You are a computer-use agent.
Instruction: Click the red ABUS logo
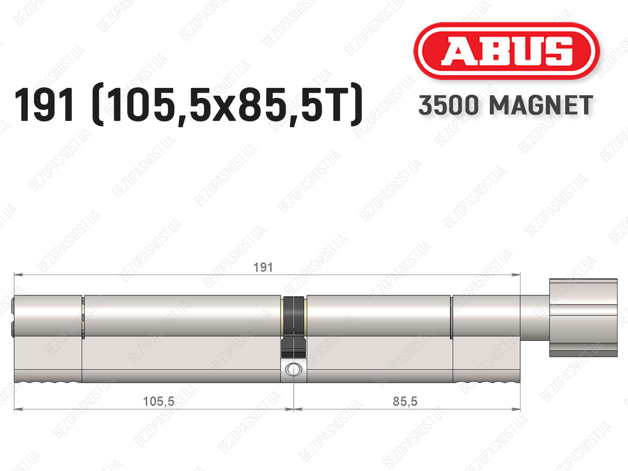[507, 51]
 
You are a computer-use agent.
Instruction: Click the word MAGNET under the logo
[541, 105]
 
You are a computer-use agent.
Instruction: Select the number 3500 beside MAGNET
[448, 105]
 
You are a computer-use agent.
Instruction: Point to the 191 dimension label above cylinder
[263, 267]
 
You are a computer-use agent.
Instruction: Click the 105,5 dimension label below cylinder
[159, 401]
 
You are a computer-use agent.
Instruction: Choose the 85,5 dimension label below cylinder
[405, 401]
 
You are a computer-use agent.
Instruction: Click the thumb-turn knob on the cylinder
[583, 318]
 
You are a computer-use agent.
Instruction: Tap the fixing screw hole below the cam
[294, 369]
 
